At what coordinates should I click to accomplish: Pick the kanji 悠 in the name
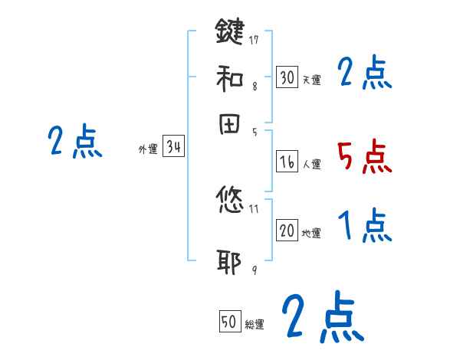tap(229, 201)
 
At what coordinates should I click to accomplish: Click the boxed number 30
tap(287, 77)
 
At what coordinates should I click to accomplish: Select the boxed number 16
tap(287, 162)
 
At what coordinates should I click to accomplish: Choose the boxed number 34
tap(173, 148)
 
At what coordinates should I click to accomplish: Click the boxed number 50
tap(229, 322)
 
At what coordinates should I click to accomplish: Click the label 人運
tap(311, 164)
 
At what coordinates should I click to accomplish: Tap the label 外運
tap(148, 150)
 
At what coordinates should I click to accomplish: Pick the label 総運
tap(255, 325)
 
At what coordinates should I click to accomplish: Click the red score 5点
tap(364, 158)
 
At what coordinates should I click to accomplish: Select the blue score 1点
tap(364, 227)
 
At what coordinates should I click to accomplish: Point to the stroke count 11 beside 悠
tap(255, 208)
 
